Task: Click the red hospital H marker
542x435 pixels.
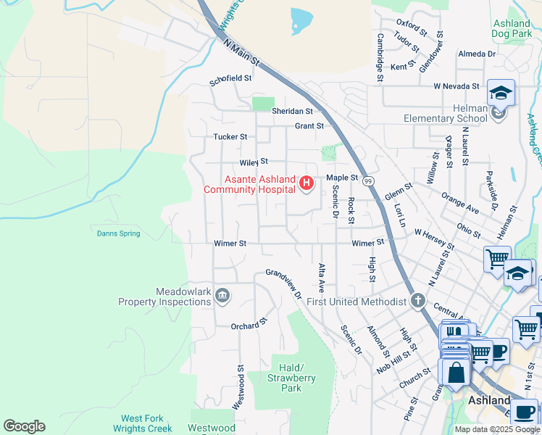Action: (306, 185)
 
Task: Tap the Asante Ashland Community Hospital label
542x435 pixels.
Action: (250, 185)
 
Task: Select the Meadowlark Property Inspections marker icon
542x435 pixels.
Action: (222, 294)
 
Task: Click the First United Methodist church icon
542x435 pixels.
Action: (417, 300)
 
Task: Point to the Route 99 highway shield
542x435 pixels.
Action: (369, 180)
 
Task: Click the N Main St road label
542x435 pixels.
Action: (242, 55)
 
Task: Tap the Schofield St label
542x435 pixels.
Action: (230, 78)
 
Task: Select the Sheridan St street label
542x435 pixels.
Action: (292, 111)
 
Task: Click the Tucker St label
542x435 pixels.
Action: (230, 136)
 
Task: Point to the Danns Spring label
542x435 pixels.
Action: (118, 233)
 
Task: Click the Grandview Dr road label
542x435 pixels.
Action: (283, 283)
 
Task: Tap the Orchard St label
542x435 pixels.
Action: (249, 325)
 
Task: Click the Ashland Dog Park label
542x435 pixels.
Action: (512, 28)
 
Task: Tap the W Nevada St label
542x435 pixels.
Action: (456, 86)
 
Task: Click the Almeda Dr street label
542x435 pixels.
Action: (476, 54)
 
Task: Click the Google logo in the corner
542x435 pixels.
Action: (24, 426)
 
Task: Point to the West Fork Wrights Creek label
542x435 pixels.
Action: (142, 423)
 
